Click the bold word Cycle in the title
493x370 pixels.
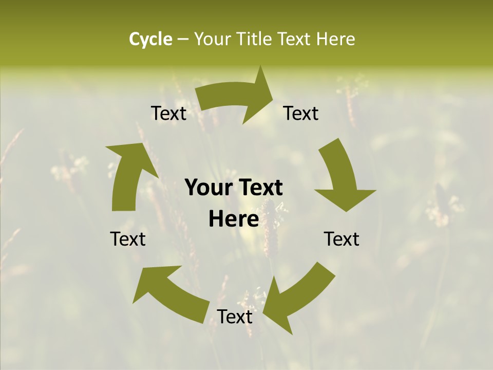[x=150, y=39]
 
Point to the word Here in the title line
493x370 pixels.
[x=335, y=39]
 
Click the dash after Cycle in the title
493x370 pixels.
[x=183, y=40]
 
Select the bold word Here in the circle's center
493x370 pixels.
[x=234, y=219]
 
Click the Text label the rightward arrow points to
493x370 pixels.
[x=301, y=113]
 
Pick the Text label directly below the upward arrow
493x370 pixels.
[x=128, y=238]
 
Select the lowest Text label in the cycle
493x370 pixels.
[x=235, y=317]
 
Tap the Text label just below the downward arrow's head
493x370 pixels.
[x=342, y=238]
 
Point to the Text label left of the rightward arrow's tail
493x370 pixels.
[x=169, y=113]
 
